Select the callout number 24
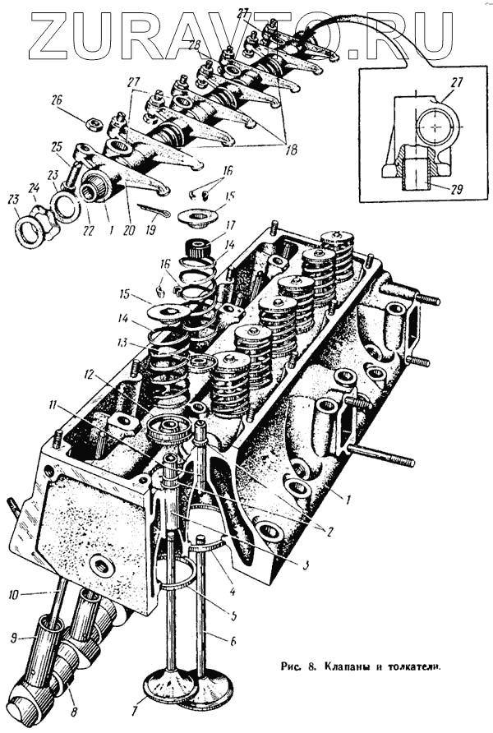[35, 187]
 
